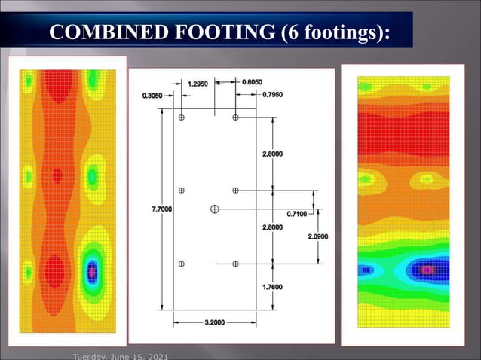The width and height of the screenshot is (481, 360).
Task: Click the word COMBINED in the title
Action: click(x=99, y=32)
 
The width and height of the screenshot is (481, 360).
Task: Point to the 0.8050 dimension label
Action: click(x=253, y=81)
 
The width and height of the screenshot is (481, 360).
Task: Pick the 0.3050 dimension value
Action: click(x=155, y=95)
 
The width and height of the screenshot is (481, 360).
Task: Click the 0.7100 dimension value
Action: click(x=297, y=214)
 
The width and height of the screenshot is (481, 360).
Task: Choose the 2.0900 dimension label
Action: click(x=318, y=236)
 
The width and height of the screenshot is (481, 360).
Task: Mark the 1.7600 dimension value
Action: click(x=274, y=286)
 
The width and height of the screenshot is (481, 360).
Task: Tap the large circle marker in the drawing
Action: click(x=216, y=208)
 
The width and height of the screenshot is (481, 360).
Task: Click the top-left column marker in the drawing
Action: click(x=182, y=117)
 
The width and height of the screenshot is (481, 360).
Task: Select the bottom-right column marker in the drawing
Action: click(x=236, y=264)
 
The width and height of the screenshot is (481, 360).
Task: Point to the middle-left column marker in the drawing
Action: click(x=182, y=191)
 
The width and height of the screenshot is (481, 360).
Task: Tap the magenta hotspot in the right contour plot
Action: click(x=429, y=269)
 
